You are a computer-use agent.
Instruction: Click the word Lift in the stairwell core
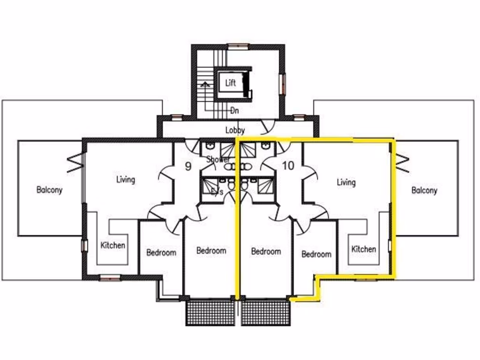(x=230, y=83)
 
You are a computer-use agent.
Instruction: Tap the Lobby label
(x=235, y=130)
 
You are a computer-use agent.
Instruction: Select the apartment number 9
(x=187, y=166)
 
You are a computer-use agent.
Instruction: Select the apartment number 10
(x=288, y=165)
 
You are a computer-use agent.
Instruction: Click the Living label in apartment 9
(x=126, y=179)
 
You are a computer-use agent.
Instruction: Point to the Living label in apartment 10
(x=346, y=182)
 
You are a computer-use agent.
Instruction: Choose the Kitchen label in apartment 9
(x=113, y=245)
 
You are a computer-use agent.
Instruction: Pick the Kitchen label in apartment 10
(x=364, y=249)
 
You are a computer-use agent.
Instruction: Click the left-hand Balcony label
(x=49, y=190)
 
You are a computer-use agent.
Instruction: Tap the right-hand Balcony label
(x=424, y=190)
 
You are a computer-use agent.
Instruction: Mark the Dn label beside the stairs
(x=235, y=111)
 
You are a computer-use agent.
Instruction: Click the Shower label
(x=218, y=159)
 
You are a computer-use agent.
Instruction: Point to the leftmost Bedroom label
(x=161, y=253)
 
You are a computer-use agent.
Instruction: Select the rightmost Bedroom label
(x=316, y=254)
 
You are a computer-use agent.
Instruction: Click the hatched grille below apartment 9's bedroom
(x=211, y=313)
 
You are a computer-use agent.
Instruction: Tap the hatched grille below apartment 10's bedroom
(x=266, y=313)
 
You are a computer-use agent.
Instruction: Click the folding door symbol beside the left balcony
(x=74, y=163)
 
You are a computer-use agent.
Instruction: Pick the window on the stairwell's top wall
(x=238, y=46)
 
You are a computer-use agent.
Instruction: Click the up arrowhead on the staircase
(x=204, y=85)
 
